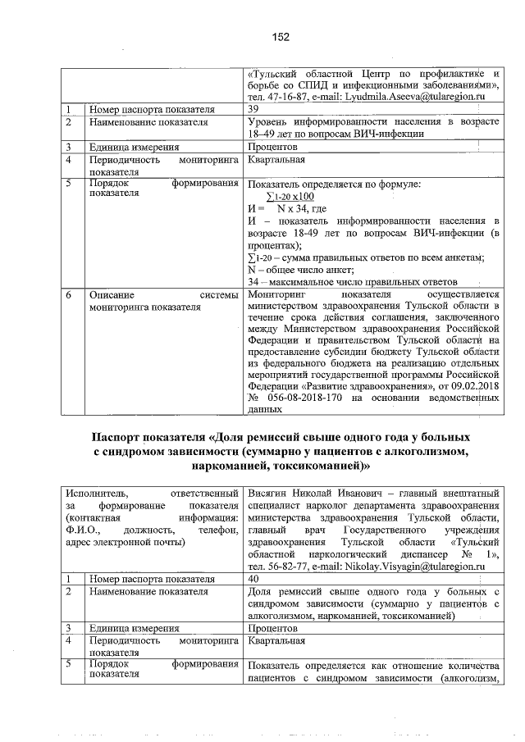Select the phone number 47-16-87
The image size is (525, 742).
(x=283, y=97)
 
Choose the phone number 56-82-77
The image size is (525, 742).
(x=284, y=566)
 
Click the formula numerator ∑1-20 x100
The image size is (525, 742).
(x=290, y=197)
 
